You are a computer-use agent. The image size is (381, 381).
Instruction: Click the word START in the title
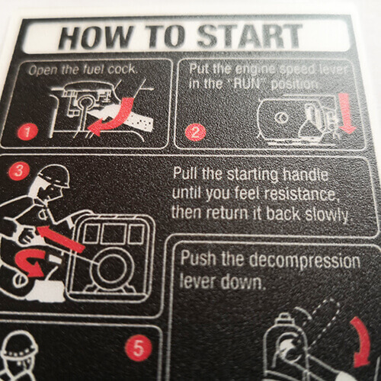click(249, 37)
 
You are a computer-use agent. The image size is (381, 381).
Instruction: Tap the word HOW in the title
click(95, 37)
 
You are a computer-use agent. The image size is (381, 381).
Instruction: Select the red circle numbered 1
click(27, 131)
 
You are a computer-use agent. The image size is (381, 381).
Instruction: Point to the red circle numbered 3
click(18, 171)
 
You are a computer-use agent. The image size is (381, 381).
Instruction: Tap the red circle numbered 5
click(139, 347)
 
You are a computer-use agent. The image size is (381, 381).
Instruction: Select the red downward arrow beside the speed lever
click(347, 113)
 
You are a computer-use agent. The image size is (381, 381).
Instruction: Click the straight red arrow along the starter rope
click(60, 239)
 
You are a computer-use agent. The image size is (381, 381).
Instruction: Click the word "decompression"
click(304, 261)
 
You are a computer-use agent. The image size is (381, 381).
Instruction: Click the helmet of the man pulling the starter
click(54, 174)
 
